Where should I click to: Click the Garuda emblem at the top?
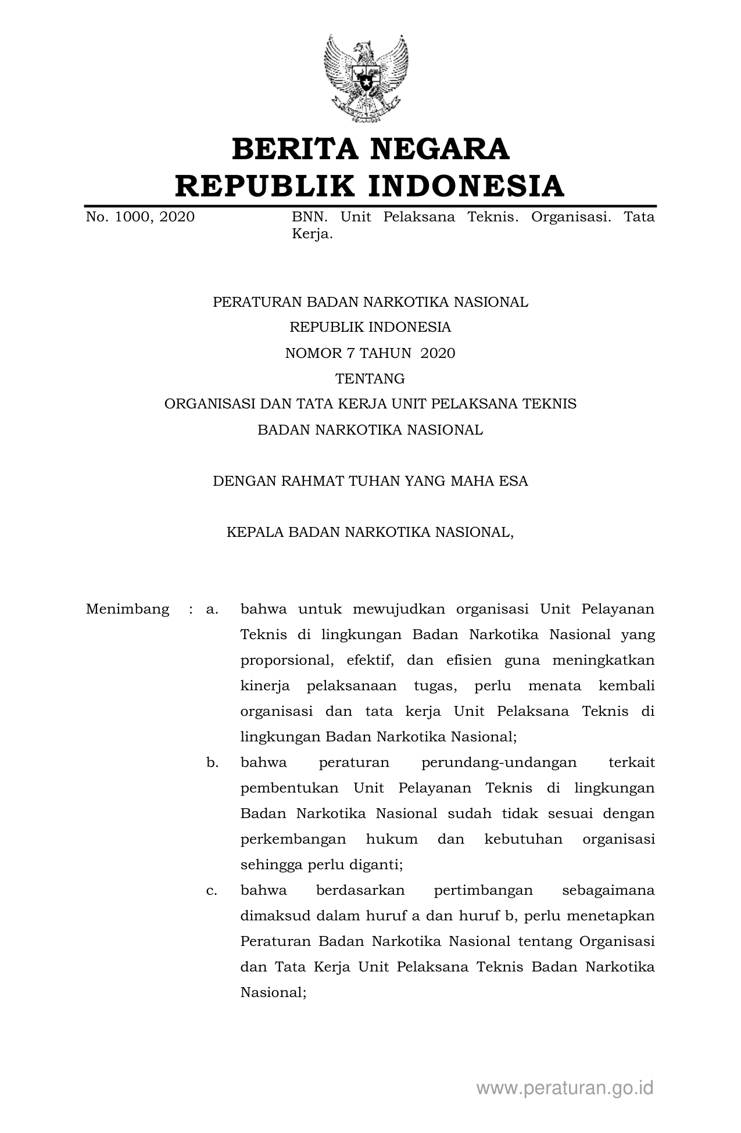pos(366,78)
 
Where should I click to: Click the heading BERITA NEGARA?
pos(370,149)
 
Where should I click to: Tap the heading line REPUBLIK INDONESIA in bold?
pos(370,186)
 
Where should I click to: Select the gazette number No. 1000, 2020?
pos(140,217)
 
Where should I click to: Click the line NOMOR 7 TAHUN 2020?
pos(370,353)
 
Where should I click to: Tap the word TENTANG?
pos(370,379)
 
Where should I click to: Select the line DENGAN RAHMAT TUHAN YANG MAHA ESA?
pos(370,481)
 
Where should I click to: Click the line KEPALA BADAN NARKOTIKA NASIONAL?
pos(370,532)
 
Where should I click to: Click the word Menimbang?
pos(128,609)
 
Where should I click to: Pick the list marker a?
pos(212,609)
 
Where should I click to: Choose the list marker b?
pos(212,762)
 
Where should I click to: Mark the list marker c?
pos(212,890)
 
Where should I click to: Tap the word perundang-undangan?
pos(499,762)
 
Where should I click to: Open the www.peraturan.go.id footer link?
pos(565,1088)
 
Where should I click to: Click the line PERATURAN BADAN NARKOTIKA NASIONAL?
pos(370,302)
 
